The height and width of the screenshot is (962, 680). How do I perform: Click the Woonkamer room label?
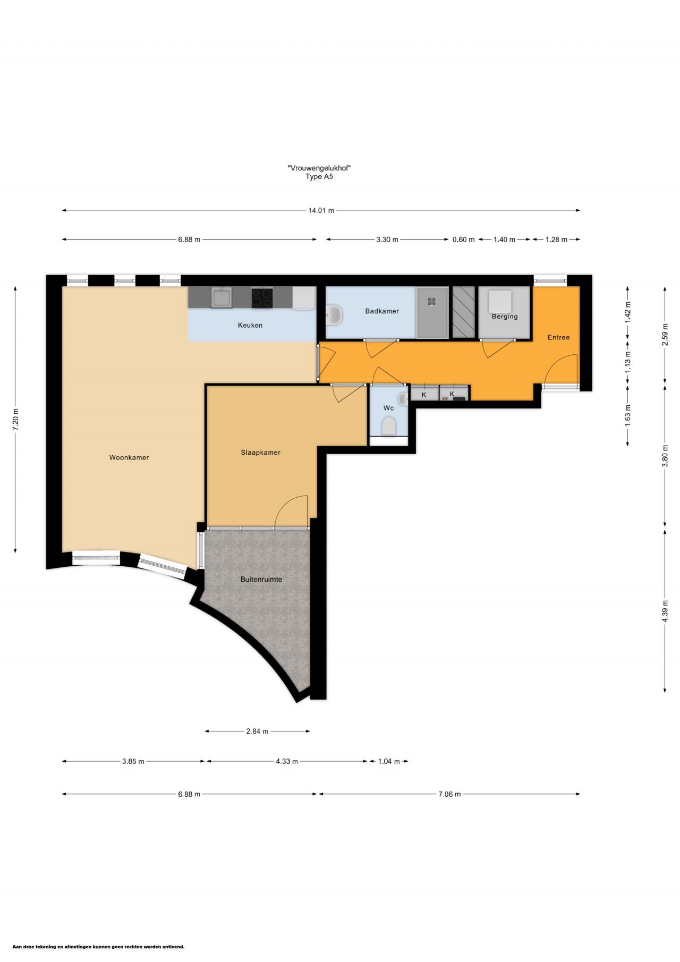129,457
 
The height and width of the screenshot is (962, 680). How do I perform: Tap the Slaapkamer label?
260,453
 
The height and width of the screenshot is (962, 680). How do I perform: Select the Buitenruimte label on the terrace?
261,580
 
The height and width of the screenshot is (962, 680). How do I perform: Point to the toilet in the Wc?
389,426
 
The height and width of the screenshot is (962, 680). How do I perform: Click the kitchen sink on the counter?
220,297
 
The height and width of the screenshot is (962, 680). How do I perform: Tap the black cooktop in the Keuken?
261,297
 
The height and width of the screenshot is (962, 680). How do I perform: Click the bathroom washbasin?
334,314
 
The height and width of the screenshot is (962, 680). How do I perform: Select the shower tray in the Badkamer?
432,312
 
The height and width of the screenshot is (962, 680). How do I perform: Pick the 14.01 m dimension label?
321,210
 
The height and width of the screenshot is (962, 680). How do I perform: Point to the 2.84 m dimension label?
257,731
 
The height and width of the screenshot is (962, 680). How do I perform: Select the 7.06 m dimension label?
449,794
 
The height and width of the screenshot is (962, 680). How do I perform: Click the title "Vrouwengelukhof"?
319,168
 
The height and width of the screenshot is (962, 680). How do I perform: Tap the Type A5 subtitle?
319,177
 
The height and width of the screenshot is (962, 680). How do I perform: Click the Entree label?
558,337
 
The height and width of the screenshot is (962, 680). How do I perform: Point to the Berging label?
505,317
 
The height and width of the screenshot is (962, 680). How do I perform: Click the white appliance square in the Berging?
500,301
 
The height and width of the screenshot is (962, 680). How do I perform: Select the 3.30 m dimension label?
387,240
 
